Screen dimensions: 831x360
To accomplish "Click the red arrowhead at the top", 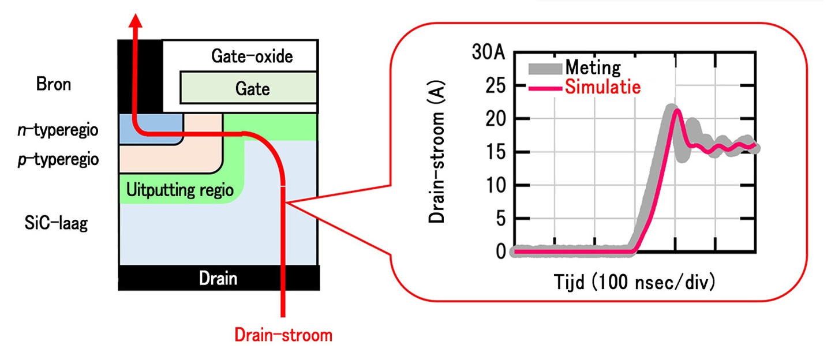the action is pyautogui.click(x=136, y=21).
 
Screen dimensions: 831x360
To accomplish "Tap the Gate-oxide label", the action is pyautogui.click(x=252, y=57).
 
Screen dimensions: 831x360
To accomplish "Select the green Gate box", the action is pyautogui.click(x=249, y=88).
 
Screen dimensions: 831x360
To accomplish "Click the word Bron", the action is pyautogui.click(x=54, y=84).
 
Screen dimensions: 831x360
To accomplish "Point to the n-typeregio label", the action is pyautogui.click(x=58, y=130).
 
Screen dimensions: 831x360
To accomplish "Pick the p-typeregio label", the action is pyautogui.click(x=58, y=160).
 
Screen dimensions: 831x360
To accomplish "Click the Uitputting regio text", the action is pyautogui.click(x=180, y=190).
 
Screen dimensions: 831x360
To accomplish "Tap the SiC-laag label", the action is pyautogui.click(x=56, y=223).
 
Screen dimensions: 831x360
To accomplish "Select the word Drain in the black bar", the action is pyautogui.click(x=218, y=278).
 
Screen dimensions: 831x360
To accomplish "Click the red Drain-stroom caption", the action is pyautogui.click(x=283, y=335).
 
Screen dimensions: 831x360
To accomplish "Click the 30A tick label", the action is pyautogui.click(x=488, y=52).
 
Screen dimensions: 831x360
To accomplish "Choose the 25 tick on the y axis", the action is pyautogui.click(x=495, y=86).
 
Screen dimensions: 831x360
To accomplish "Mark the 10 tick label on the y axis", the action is pyautogui.click(x=496, y=185).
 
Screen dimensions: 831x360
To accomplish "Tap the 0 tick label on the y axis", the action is pyautogui.click(x=501, y=252).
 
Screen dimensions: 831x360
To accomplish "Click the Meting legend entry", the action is pyautogui.click(x=575, y=68).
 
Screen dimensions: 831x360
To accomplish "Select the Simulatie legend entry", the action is pyautogui.click(x=585, y=87).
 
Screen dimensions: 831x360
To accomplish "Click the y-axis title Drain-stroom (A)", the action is pyautogui.click(x=436, y=151).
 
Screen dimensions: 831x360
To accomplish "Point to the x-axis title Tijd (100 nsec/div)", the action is pyautogui.click(x=634, y=282).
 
